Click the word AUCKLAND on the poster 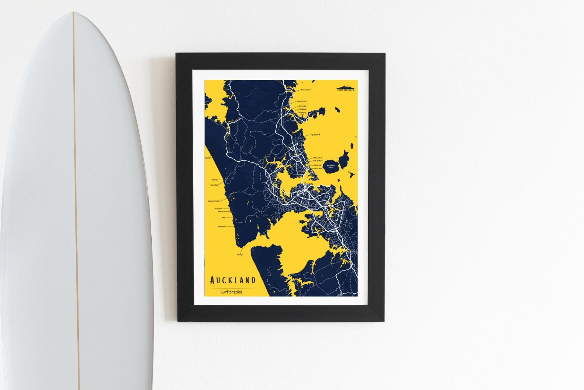tap(233, 280)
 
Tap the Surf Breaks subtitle tap(231, 292)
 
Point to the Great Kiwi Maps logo tap(345, 88)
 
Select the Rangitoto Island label tap(330, 166)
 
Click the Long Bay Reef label tap(314, 135)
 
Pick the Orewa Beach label tap(302, 101)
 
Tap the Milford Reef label tap(317, 158)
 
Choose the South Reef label tap(317, 168)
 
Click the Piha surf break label tap(223, 217)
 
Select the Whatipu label tap(240, 255)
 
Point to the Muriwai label tap(215, 179)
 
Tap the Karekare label tap(221, 227)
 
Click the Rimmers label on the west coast tap(208, 158)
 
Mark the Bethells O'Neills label tap(214, 201)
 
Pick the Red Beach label tap(302, 109)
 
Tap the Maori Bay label tap(214, 185)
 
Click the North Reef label tap(317, 165)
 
